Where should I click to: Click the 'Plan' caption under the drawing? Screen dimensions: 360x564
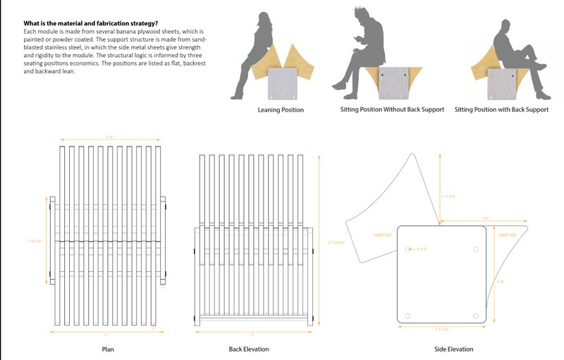[107, 349]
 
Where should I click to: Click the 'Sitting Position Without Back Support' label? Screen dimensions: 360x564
[392, 111]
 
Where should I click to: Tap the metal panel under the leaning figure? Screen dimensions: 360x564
[284, 83]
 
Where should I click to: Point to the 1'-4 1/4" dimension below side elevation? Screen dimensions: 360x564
[443, 328]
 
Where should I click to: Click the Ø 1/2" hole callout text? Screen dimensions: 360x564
[423, 249]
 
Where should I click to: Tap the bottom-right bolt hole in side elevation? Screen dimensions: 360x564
[476, 315]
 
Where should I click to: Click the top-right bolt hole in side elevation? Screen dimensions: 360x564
[476, 249]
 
